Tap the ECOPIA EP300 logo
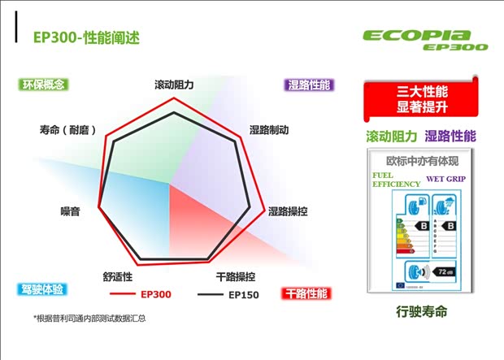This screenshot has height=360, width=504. click(x=428, y=40)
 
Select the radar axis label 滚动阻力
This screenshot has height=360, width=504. click(x=174, y=85)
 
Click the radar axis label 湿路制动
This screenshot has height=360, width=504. click(x=269, y=130)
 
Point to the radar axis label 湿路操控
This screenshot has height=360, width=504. click(x=287, y=212)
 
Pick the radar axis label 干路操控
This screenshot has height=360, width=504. click(x=236, y=276)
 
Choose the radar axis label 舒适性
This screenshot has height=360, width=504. click(x=118, y=276)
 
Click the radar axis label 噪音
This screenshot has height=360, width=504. click(x=70, y=212)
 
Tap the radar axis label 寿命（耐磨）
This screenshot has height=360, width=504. click(x=69, y=130)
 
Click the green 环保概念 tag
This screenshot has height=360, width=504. click(x=44, y=85)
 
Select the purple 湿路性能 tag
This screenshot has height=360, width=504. click(x=309, y=85)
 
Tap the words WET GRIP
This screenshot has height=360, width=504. click(x=445, y=178)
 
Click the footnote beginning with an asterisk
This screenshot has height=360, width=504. click(x=89, y=318)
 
